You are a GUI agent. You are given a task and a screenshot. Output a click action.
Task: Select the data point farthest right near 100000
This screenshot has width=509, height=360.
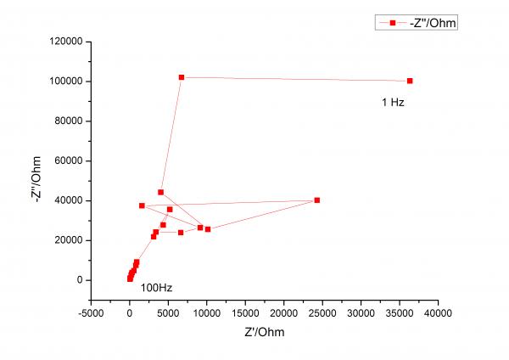click(410, 81)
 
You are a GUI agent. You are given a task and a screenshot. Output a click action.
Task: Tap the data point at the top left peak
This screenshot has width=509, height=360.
click(182, 77)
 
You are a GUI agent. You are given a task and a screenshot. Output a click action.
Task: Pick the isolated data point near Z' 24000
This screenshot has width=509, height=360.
click(317, 200)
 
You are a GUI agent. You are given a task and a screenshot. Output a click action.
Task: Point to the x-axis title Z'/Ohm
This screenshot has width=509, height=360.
click(261, 331)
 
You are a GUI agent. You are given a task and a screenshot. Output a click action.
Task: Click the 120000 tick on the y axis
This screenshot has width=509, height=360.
click(65, 42)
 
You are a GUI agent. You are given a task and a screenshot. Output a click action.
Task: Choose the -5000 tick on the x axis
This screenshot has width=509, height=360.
click(91, 312)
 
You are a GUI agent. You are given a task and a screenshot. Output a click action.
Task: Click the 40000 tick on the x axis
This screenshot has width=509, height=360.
click(438, 312)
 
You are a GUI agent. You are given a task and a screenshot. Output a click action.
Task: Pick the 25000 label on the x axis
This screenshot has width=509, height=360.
click(322, 312)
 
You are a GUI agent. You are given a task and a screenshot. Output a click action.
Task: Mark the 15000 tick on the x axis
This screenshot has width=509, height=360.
click(245, 312)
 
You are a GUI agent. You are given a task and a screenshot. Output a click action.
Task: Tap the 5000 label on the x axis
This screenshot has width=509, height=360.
click(168, 312)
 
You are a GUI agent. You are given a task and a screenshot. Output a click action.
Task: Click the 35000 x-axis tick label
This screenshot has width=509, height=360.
click(400, 312)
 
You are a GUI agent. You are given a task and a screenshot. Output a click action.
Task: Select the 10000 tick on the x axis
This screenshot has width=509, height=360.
click(206, 312)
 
